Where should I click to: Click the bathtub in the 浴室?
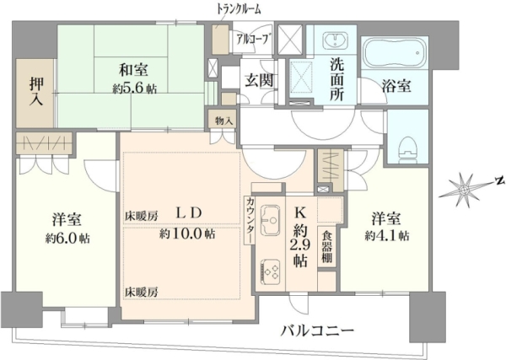pos(395,52)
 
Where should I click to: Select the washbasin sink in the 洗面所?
pos(336,40)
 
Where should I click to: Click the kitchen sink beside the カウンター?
pos(271,220)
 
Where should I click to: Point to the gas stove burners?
pos(270,271)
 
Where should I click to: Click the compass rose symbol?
pos(464,190)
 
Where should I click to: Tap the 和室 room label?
pos(133,70)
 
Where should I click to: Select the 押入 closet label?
pos(36,91)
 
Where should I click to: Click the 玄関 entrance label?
pos(258,80)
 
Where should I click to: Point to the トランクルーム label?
pos(239,10)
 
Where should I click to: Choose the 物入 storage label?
pos(223,121)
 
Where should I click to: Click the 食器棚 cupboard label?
pos(326,248)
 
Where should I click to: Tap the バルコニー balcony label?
pos(317,330)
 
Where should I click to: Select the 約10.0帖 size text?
pos(187,234)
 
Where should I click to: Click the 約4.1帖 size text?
pos(387,236)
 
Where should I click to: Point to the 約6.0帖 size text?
pos(67,239)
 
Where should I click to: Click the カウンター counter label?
pos(250,220)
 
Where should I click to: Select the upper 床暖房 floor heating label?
pos(142,216)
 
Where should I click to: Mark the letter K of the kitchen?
pos(299,212)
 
